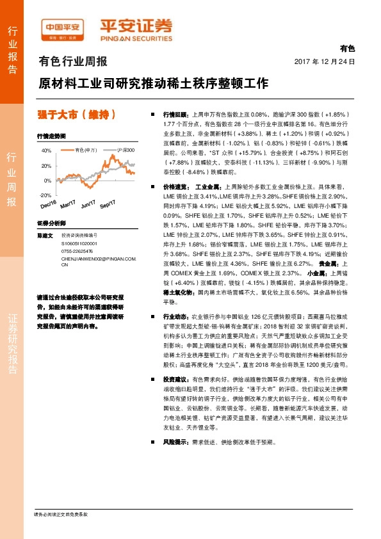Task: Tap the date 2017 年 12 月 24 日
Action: [x=324, y=62]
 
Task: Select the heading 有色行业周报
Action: [x=73, y=62]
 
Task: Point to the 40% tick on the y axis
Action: [x=46, y=150]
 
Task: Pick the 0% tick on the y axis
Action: [x=48, y=180]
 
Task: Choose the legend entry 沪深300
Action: [x=126, y=150]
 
